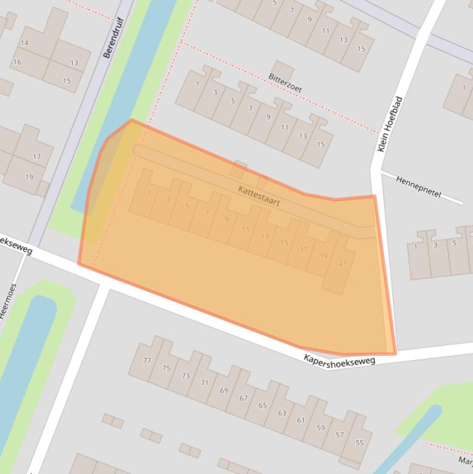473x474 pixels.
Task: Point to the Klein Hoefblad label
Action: pyautogui.click(x=389, y=124)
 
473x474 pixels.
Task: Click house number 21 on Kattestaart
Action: pyautogui.click(x=343, y=263)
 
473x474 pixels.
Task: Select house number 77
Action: pyautogui.click(x=146, y=360)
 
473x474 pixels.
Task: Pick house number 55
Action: pyautogui.click(x=359, y=443)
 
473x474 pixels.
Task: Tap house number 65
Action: pyautogui.click(x=263, y=405)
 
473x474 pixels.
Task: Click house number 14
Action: pyautogui.click(x=25, y=42)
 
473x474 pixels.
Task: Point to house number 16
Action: pyautogui.click(x=17, y=62)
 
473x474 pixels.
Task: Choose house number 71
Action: pyautogui.click(x=205, y=382)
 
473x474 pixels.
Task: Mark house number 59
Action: pyautogui.click(x=320, y=428)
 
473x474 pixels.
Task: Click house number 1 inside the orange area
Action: pyautogui.click(x=148, y=193)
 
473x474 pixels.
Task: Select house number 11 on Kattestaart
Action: pyautogui.click(x=245, y=229)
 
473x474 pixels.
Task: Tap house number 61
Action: pyautogui.click(x=301, y=420)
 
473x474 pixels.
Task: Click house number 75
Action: pyautogui.click(x=166, y=368)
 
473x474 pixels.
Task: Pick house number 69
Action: pyautogui.click(x=224, y=390)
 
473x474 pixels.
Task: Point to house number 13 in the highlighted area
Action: pyautogui.click(x=264, y=236)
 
